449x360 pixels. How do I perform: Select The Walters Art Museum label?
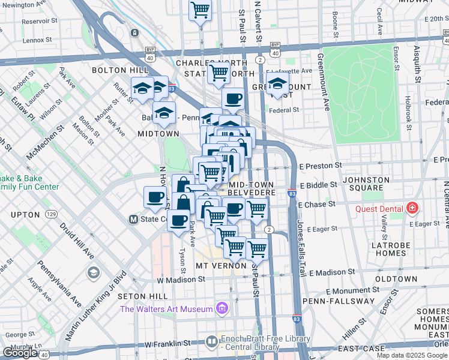(166, 309)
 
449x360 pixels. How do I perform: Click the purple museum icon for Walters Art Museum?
(221, 309)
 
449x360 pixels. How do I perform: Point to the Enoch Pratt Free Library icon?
(211, 342)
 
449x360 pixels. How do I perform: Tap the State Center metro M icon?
(134, 220)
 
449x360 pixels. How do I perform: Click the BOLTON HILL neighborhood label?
(115, 70)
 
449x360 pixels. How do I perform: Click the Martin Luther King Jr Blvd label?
(95, 314)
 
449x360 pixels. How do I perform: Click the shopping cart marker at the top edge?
(200, 10)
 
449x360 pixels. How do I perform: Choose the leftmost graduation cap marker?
(142, 88)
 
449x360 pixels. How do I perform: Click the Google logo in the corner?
(19, 353)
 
